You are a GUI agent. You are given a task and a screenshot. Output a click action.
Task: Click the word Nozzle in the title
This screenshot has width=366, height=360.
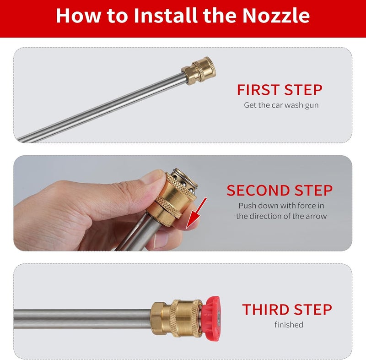pos(276,16)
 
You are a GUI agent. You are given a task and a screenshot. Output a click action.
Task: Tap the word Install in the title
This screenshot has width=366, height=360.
pos(166,16)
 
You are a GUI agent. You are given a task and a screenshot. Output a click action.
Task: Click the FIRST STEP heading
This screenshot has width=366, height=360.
pos(280,90)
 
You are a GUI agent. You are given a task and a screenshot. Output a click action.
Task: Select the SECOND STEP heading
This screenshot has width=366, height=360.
pos(280,191)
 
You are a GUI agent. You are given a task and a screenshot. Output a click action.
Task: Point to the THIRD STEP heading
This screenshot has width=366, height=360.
pos(287,310)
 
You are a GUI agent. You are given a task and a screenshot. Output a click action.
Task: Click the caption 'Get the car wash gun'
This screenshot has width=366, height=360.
pos(281,105)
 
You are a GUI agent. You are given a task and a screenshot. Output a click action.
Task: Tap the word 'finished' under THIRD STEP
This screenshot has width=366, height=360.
pos(289,325)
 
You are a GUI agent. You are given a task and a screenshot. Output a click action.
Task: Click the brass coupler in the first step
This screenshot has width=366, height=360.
pos(199,71)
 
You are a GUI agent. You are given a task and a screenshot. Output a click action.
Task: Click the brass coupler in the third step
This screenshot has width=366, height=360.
pos(176,318)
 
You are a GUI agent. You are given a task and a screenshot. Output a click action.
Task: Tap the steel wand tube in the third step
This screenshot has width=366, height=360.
pos(82,319)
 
